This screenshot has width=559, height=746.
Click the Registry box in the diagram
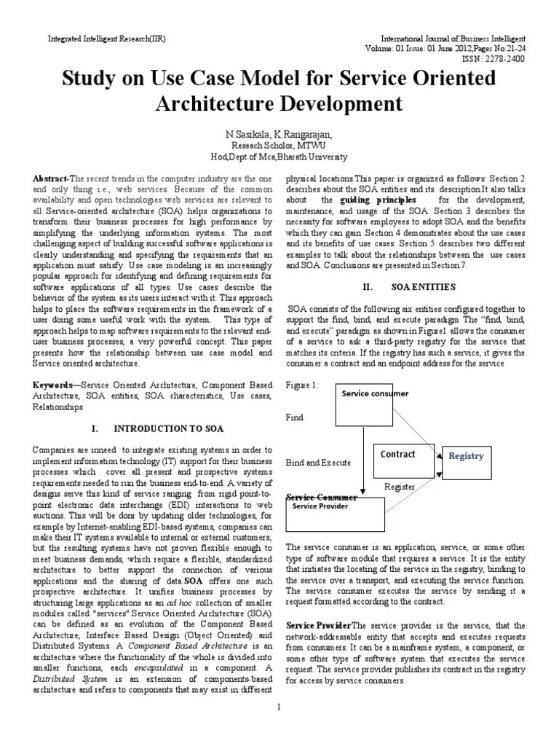pos(466,457)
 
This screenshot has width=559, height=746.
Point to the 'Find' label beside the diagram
pos(295,418)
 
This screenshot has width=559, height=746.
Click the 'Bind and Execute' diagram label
pos(319,462)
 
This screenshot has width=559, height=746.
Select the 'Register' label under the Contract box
pos(399,487)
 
